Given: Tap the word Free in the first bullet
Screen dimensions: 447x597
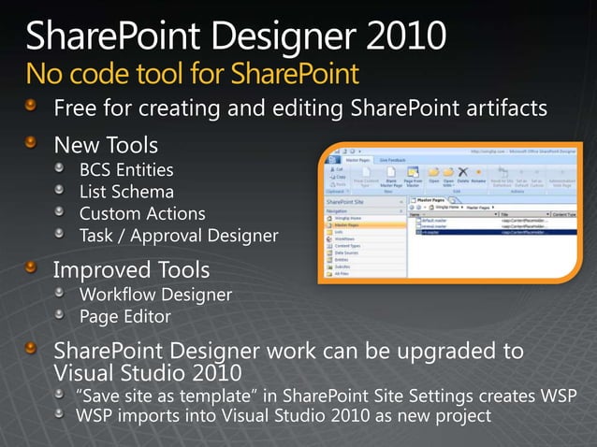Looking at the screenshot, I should [x=74, y=108].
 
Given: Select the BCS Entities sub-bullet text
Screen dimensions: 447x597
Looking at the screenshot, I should [x=126, y=170].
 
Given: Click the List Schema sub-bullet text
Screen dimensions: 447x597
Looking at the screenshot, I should [x=126, y=192].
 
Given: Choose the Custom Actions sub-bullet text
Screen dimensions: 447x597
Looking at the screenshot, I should [x=141, y=213].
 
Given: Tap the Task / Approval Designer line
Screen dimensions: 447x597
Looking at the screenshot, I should [x=179, y=235].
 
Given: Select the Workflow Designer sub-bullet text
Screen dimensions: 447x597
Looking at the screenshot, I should [x=155, y=296].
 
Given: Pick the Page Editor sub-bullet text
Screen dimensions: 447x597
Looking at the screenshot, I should [x=124, y=317].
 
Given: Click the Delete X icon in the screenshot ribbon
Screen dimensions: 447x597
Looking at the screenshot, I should [x=463, y=173].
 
